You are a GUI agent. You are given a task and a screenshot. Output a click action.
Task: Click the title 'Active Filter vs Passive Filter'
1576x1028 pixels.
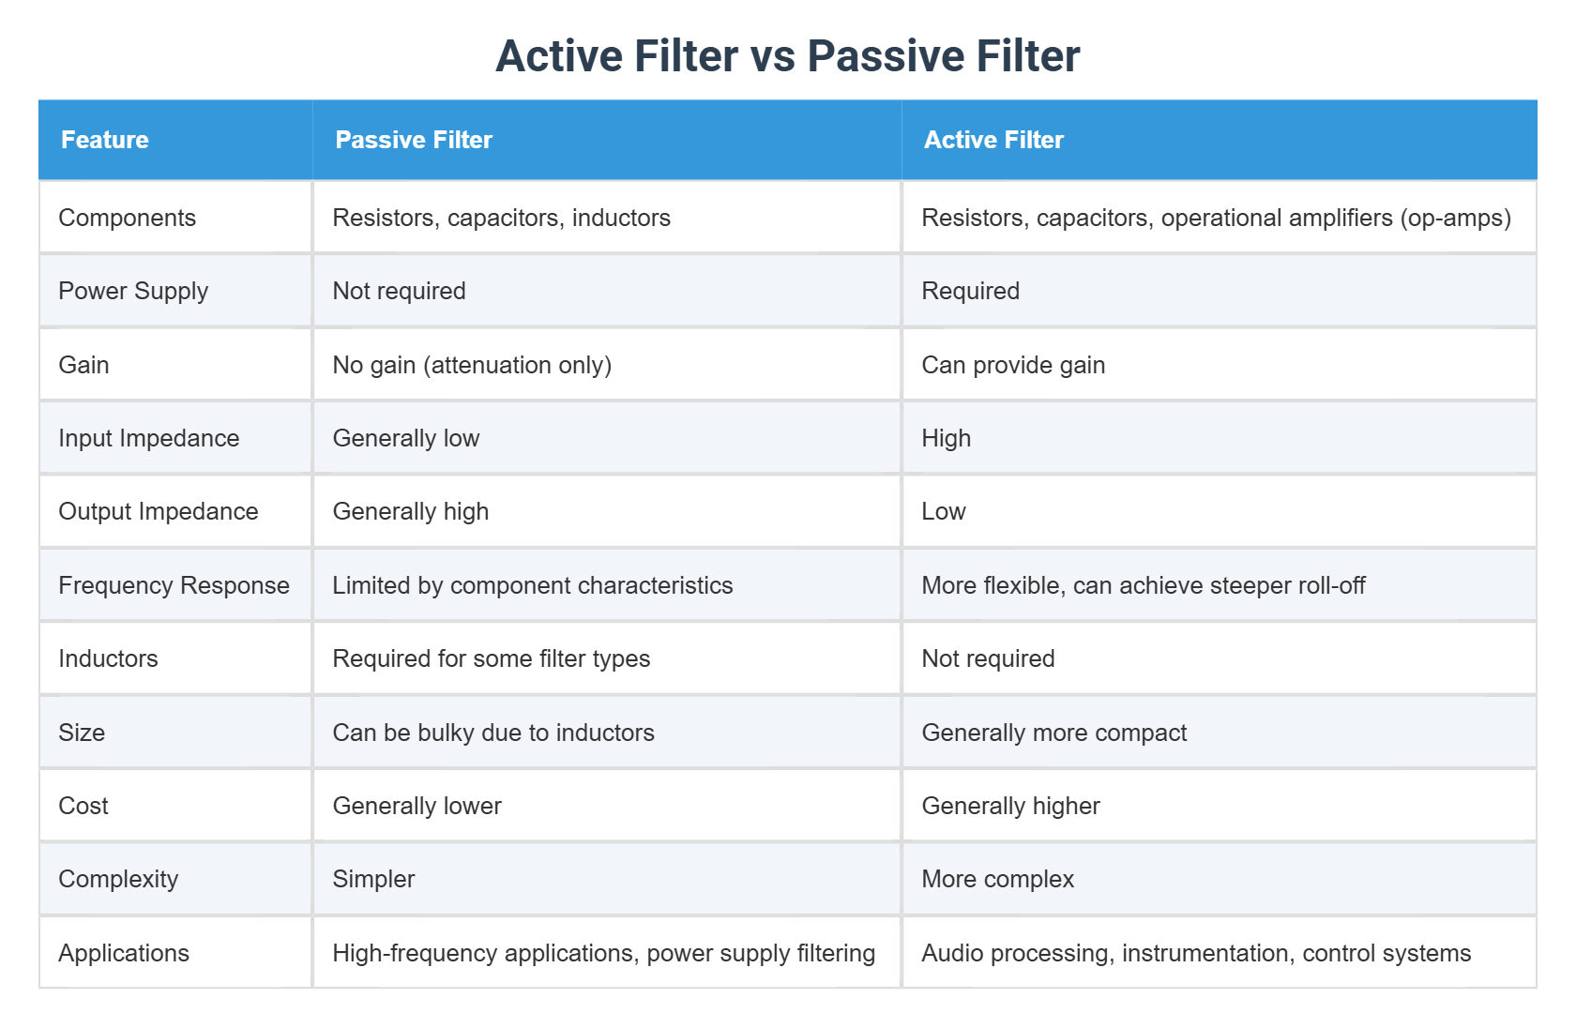(787, 56)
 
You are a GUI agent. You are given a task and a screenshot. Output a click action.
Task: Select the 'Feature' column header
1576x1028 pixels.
(105, 140)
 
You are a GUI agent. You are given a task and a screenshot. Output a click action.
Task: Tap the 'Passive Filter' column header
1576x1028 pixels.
(414, 140)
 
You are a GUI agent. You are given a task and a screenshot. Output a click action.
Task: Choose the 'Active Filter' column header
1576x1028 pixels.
(993, 140)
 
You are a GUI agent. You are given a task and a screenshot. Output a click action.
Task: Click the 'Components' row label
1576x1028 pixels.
(127, 218)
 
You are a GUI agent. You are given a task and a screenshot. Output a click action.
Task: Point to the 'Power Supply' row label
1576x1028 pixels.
(133, 291)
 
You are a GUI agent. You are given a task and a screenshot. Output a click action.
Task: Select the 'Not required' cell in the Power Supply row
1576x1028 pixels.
(399, 291)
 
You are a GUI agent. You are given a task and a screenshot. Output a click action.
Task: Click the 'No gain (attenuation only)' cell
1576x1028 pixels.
(472, 365)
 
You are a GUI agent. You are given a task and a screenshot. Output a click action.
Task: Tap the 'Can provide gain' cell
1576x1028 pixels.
(1013, 365)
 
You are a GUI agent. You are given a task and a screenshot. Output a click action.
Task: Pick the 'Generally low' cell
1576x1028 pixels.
(405, 438)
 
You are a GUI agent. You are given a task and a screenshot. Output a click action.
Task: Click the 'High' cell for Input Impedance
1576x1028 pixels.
(946, 438)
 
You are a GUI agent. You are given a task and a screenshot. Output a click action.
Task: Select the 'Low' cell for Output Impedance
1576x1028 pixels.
(943, 511)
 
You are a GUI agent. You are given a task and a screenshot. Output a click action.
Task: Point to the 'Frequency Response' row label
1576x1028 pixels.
(174, 585)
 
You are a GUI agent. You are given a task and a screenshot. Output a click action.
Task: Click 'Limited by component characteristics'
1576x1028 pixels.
(532, 585)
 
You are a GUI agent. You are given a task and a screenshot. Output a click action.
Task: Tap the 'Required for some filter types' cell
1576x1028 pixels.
(491, 658)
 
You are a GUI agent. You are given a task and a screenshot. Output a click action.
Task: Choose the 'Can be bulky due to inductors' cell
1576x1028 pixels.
(493, 733)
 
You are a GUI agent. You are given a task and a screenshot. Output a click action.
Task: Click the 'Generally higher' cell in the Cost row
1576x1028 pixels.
(1010, 806)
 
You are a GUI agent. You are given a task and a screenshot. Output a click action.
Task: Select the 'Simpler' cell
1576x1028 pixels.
(373, 879)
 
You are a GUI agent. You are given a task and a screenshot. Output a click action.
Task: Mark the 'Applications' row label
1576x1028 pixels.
(124, 953)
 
